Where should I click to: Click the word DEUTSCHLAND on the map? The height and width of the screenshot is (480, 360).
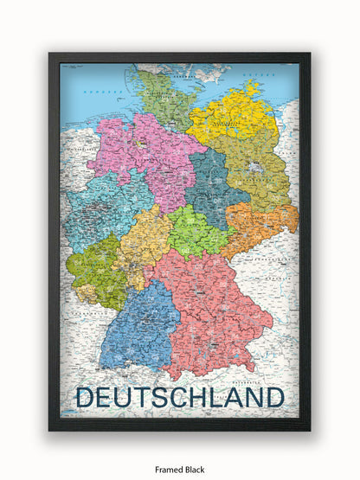(180, 397)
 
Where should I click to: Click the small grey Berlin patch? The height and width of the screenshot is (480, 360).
(254, 167)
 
